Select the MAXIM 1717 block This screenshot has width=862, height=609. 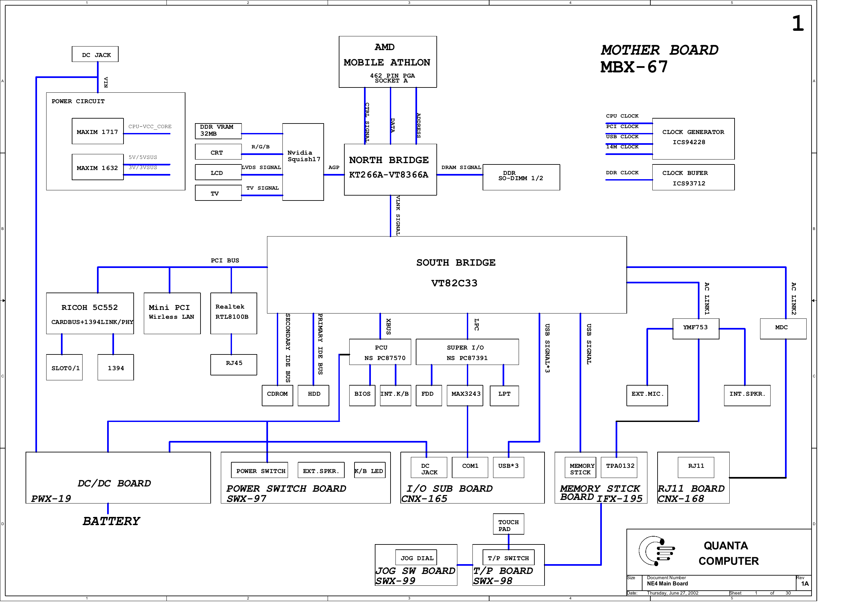(x=98, y=131)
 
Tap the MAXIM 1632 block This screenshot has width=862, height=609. (x=98, y=167)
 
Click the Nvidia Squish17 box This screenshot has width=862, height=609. (x=303, y=162)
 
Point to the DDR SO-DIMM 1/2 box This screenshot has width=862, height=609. (x=521, y=177)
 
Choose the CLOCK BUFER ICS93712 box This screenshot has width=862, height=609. (x=693, y=178)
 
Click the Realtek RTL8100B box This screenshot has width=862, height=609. (x=234, y=314)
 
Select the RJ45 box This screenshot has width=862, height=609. (x=234, y=365)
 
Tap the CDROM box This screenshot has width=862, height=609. (x=277, y=395)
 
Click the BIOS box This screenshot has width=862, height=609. (x=362, y=395)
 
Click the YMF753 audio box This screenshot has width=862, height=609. (x=696, y=329)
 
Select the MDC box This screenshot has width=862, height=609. (x=783, y=329)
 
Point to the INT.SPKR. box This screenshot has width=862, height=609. (x=747, y=395)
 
